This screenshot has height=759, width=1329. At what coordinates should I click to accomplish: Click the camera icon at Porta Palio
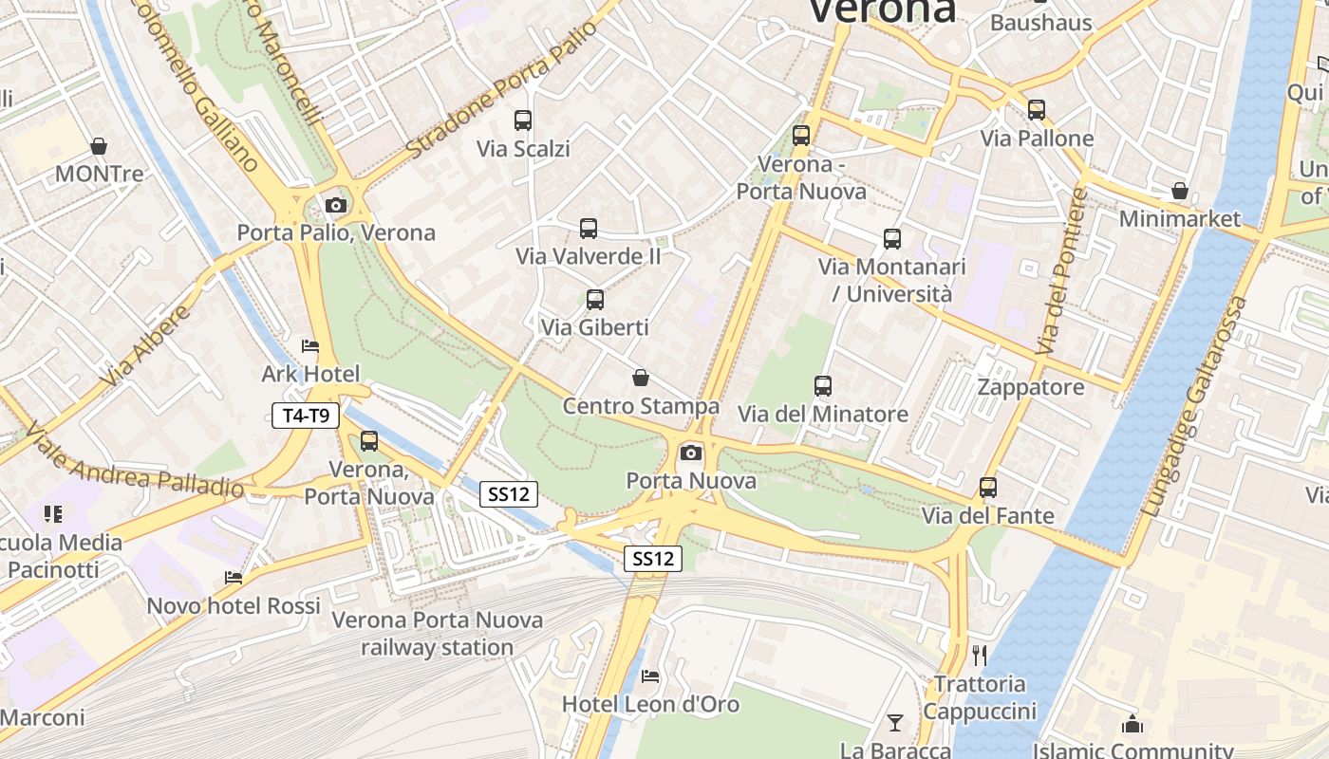tap(335, 205)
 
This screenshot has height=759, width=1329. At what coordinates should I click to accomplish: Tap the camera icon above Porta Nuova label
tap(691, 453)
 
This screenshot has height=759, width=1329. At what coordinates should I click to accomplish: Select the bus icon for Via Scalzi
tap(523, 120)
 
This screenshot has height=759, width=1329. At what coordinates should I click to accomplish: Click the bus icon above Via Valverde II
tap(589, 229)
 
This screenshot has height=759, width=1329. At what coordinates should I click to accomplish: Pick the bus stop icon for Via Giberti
tap(595, 300)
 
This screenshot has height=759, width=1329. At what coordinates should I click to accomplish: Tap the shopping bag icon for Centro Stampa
tap(641, 379)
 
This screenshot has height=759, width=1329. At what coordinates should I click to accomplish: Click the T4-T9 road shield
tap(306, 416)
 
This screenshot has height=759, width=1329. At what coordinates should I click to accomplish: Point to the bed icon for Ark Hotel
tap(310, 346)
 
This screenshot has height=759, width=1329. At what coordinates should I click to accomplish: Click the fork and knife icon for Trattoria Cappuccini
tap(980, 655)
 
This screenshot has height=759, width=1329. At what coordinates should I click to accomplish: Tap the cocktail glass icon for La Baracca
tap(894, 723)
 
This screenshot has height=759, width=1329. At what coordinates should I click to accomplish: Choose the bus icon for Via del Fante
tap(988, 488)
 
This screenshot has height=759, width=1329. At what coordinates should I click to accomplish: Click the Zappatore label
tap(1031, 387)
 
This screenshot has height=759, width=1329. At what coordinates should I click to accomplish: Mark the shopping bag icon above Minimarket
tap(1180, 192)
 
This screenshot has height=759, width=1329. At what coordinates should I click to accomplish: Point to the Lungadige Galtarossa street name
tap(1194, 408)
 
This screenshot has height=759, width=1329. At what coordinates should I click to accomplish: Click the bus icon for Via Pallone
tap(1037, 110)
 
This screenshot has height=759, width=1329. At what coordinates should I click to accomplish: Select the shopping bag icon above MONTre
tap(99, 146)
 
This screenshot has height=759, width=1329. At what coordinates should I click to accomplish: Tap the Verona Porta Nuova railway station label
tap(438, 634)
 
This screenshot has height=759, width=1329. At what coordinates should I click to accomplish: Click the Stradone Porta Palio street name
tap(502, 89)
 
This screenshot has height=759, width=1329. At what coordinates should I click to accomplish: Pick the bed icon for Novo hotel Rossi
tap(234, 577)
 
